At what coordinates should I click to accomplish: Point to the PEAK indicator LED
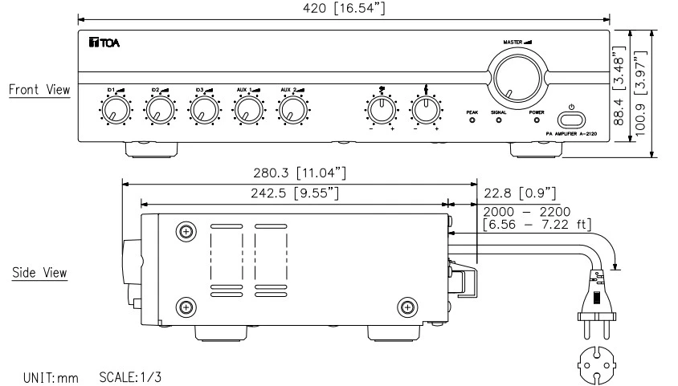(x=472, y=121)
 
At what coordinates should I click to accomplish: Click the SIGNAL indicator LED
(x=499, y=121)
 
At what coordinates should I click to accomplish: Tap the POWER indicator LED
(x=537, y=121)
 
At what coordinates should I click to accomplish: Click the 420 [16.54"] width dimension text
(x=345, y=7)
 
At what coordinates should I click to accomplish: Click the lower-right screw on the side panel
(x=407, y=306)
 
